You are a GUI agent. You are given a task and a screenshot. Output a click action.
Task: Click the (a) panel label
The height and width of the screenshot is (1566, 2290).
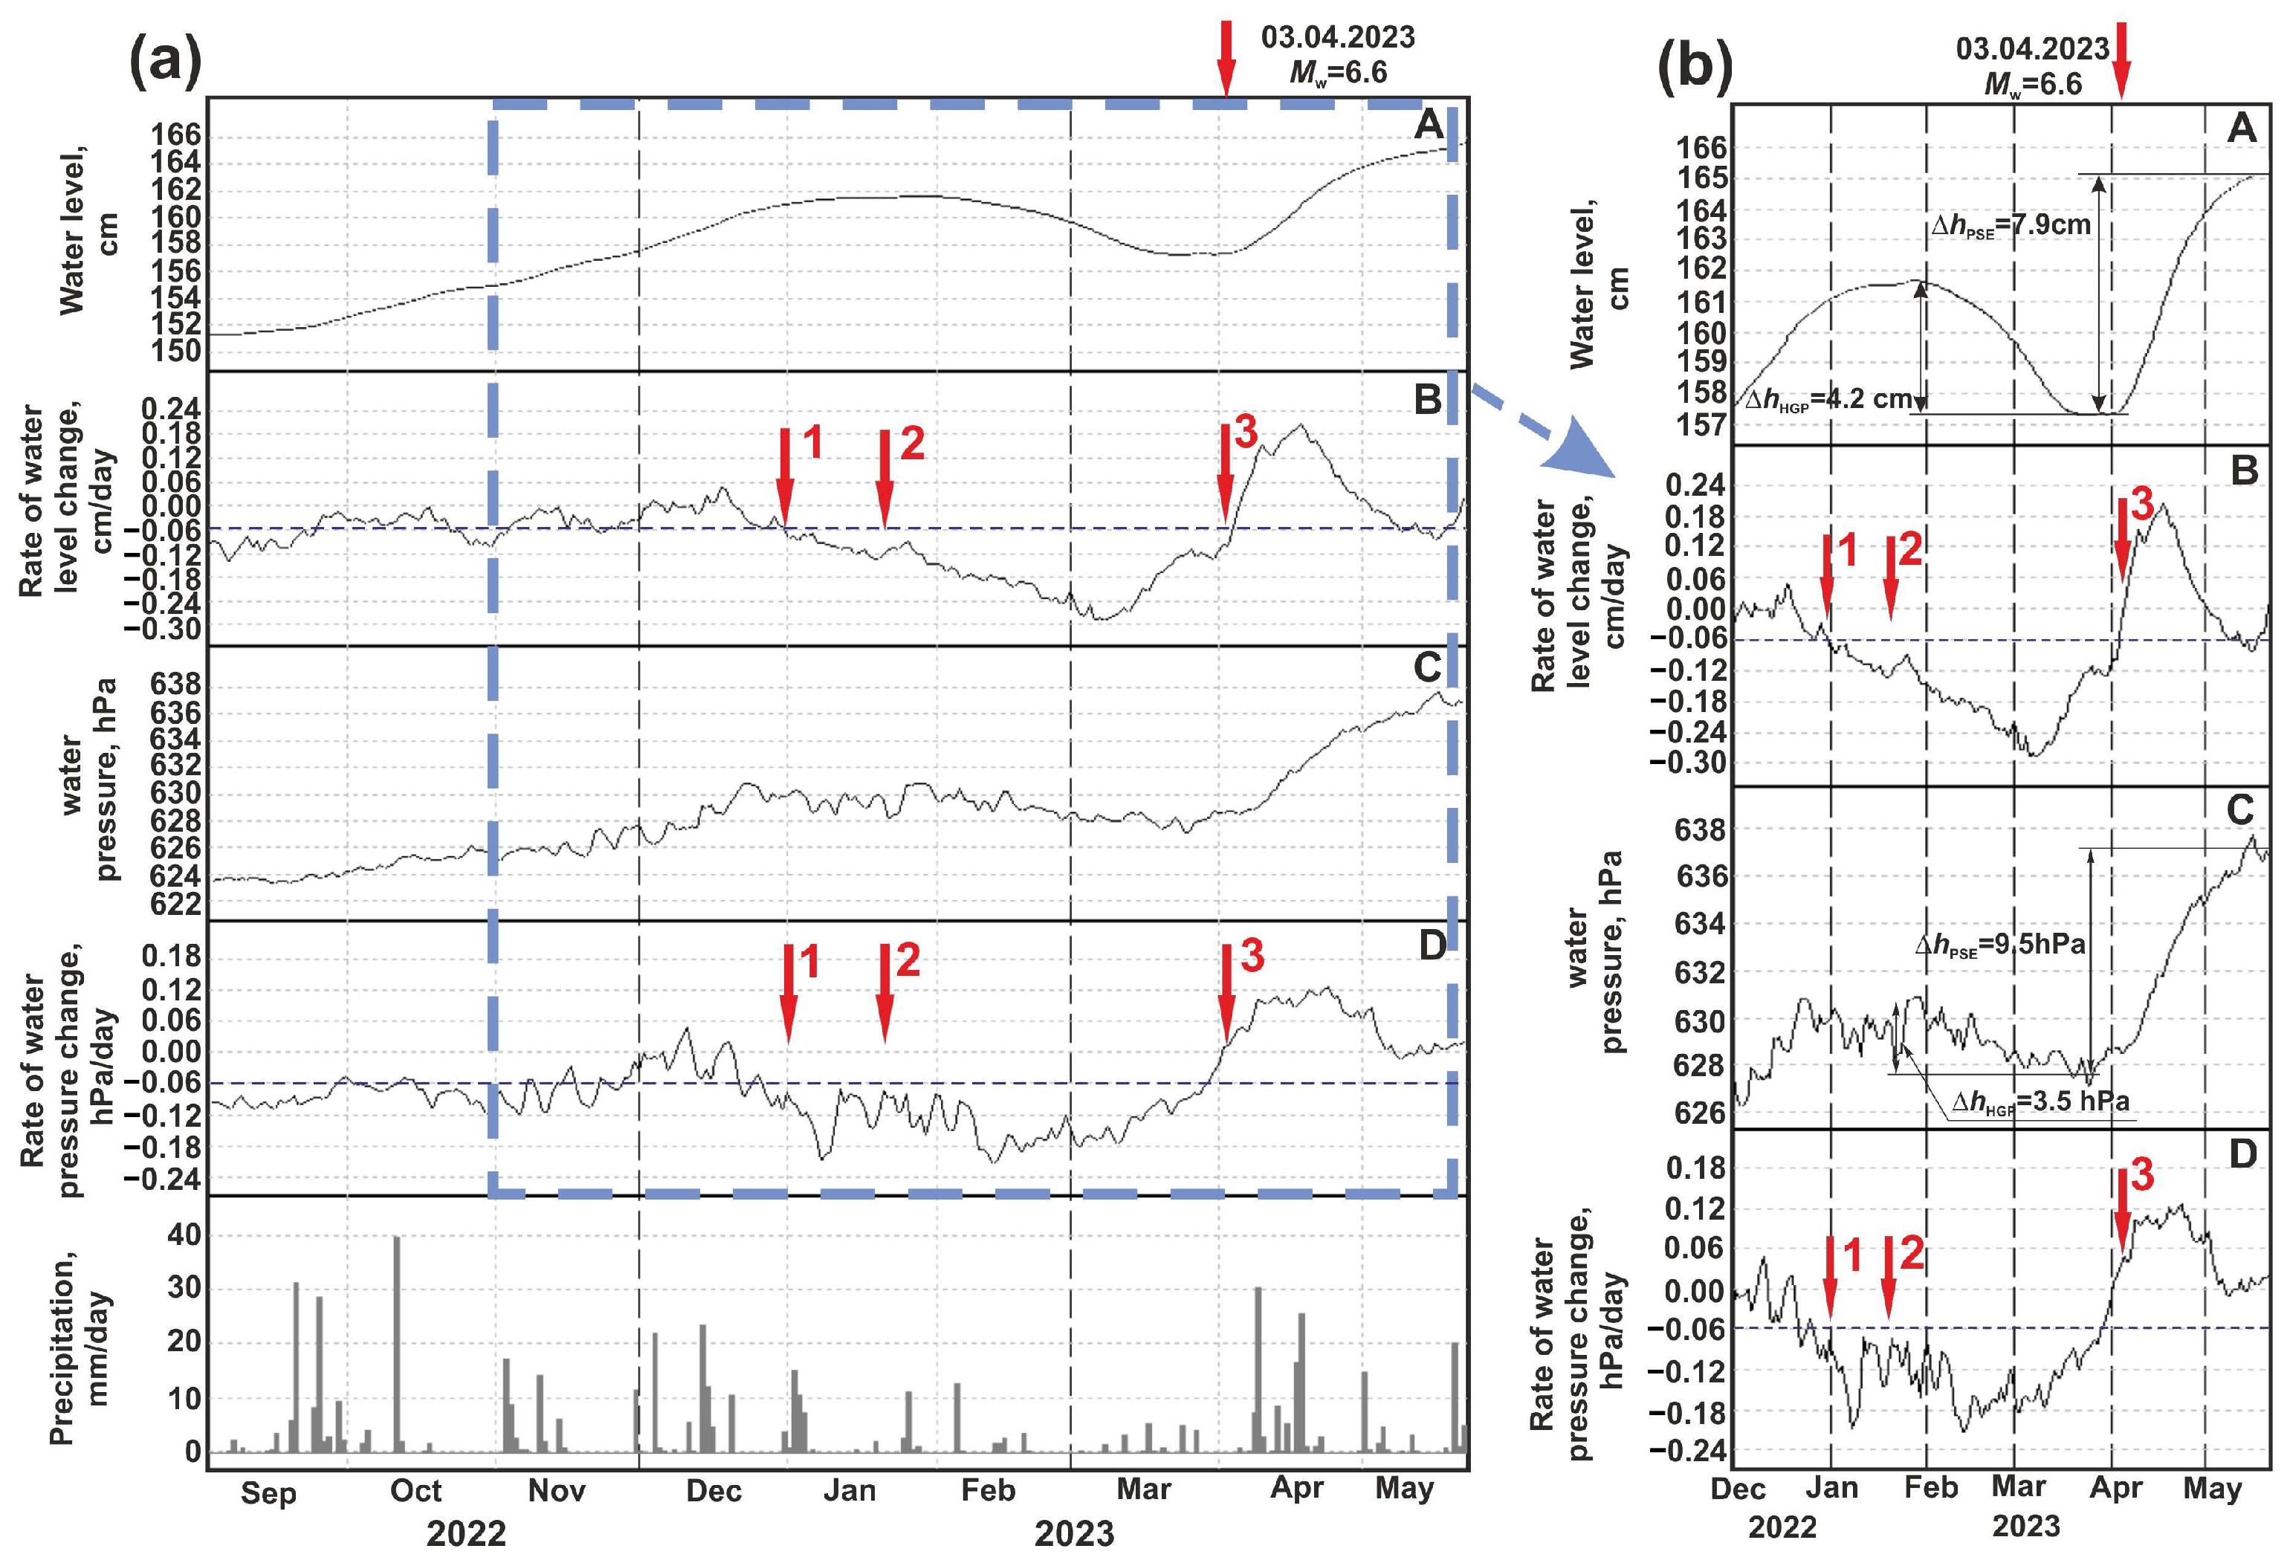(166, 61)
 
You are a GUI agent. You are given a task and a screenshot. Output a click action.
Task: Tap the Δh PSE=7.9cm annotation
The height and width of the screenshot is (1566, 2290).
(2010, 226)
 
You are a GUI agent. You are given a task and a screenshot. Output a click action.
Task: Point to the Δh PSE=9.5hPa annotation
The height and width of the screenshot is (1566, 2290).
(2000, 944)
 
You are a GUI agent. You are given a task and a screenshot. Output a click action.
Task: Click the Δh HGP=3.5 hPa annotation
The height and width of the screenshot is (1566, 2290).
(2040, 1101)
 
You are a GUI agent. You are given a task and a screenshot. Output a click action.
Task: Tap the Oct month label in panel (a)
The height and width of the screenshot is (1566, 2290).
(415, 1490)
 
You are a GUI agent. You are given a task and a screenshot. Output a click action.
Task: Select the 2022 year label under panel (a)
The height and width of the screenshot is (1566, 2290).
(465, 1533)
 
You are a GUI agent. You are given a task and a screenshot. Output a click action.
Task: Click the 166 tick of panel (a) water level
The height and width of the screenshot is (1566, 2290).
(175, 134)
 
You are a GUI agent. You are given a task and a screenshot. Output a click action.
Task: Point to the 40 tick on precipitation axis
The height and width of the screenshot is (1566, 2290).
(184, 1235)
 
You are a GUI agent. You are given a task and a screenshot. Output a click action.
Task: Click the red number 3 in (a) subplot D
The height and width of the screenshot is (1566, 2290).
(1252, 955)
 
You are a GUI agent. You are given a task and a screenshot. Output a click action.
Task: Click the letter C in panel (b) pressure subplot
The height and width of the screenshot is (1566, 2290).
(2239, 810)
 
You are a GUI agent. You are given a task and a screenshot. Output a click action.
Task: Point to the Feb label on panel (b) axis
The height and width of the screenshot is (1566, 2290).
(1930, 1487)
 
